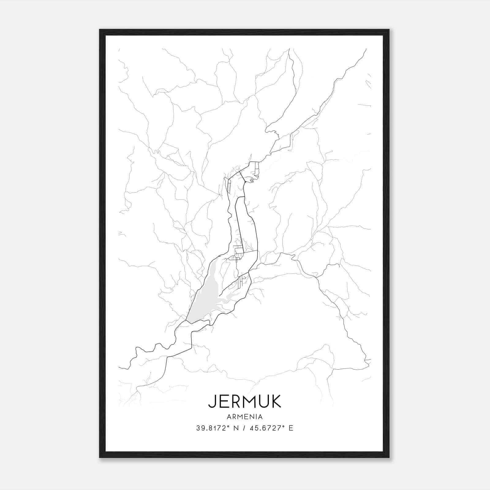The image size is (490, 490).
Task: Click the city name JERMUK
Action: pyautogui.click(x=244, y=401)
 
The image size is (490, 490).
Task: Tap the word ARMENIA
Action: pyautogui.click(x=244, y=417)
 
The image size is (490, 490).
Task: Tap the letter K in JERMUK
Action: pyautogui.click(x=276, y=401)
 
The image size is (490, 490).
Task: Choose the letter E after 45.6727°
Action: pyautogui.click(x=291, y=428)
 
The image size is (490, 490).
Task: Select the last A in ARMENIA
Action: pyautogui.click(x=260, y=417)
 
